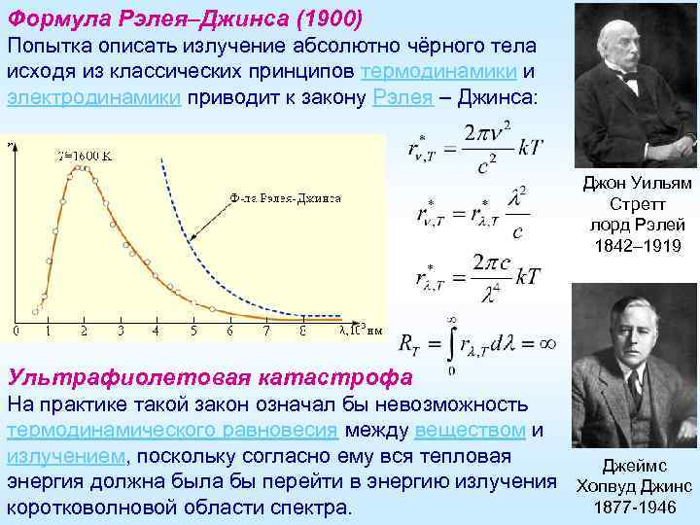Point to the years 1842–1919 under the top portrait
point(638,246)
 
